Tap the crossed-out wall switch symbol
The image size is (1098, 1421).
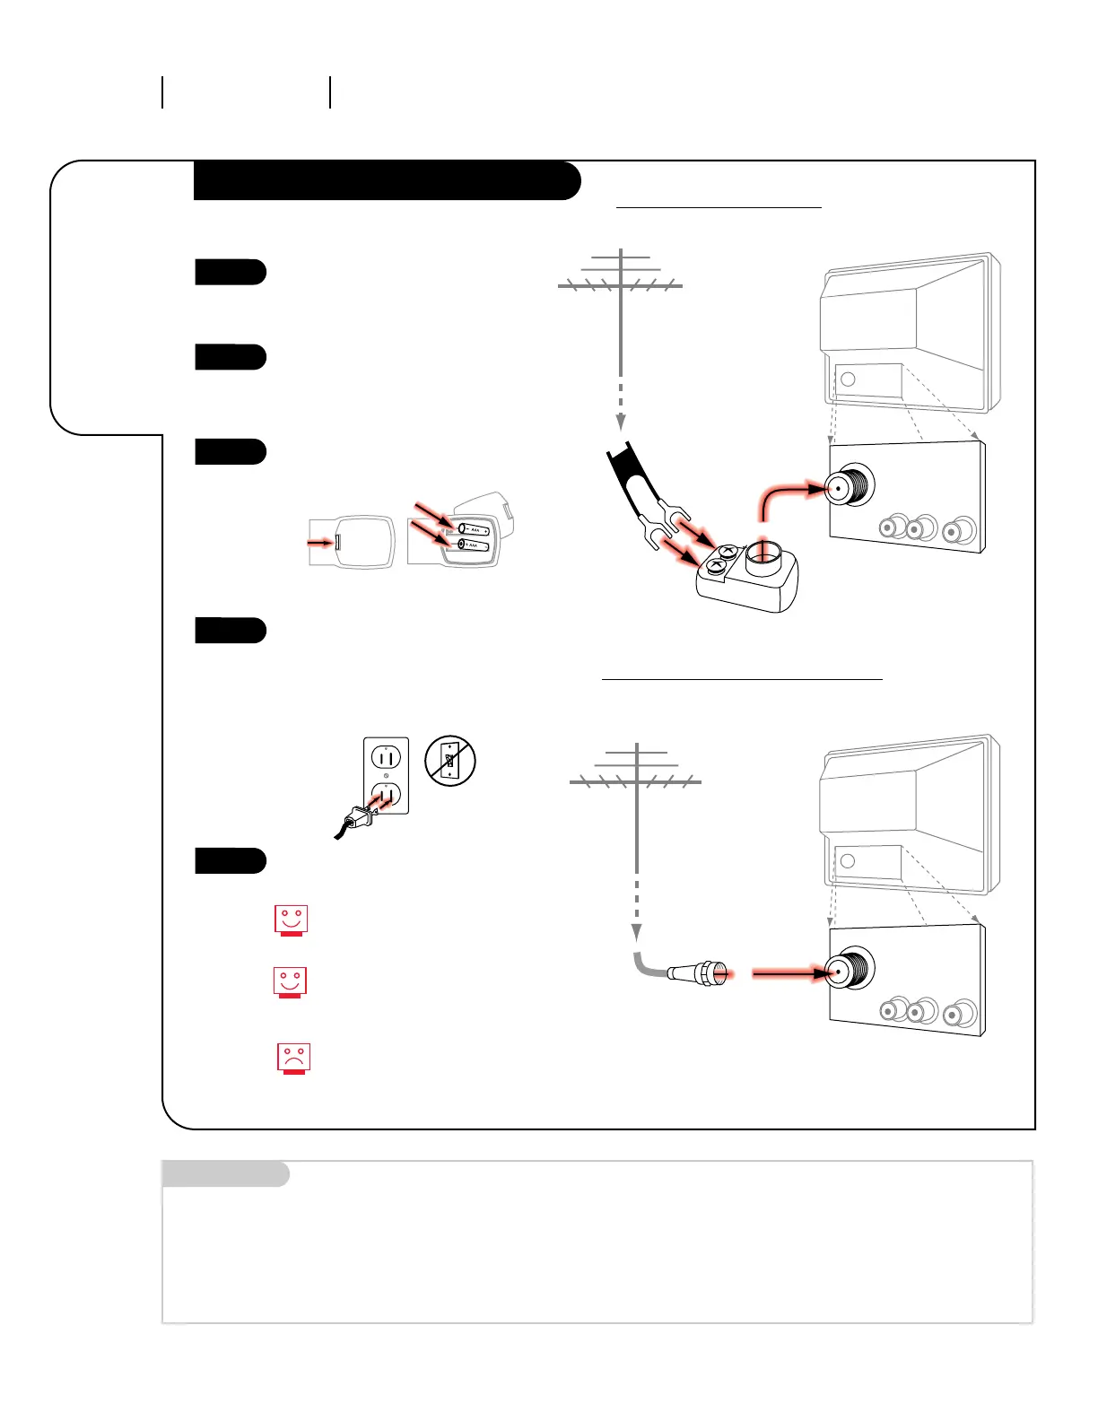tap(450, 761)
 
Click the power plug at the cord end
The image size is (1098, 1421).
tap(358, 816)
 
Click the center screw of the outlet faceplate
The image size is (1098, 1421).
tap(386, 777)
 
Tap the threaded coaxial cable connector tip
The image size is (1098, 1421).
tap(713, 972)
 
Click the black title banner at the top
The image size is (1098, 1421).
tap(386, 180)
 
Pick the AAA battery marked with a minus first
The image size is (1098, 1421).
tap(473, 529)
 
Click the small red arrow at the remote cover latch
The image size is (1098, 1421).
tap(319, 543)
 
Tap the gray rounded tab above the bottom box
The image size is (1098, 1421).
tap(225, 1173)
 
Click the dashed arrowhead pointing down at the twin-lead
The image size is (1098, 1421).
tap(621, 422)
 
